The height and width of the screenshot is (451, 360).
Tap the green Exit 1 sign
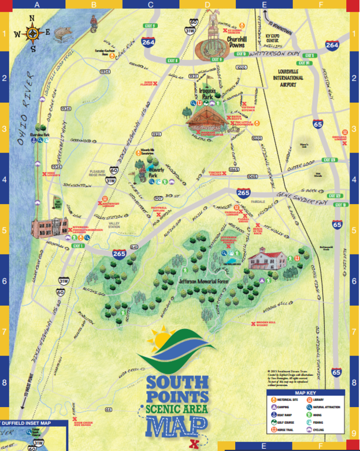coord(78,246)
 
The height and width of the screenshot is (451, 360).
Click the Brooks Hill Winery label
coord(269,324)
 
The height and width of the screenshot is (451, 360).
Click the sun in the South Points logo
coord(162,339)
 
